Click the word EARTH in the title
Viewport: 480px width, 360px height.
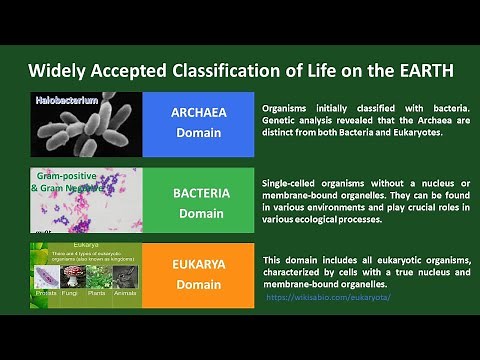pyautogui.click(x=420, y=71)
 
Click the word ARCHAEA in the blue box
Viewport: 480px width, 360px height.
pyautogui.click(x=199, y=112)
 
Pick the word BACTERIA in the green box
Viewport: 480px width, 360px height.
pyautogui.click(x=199, y=192)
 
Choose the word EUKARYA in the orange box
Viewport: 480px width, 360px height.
pyautogui.click(x=199, y=266)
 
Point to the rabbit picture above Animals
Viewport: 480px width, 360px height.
pyautogui.click(x=125, y=277)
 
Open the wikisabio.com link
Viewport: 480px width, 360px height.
pyautogui.click(x=328, y=297)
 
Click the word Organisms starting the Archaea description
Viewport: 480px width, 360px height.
pyautogui.click(x=290, y=107)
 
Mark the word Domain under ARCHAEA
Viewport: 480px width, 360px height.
pyautogui.click(x=199, y=132)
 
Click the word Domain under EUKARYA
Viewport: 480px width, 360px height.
pyautogui.click(x=199, y=286)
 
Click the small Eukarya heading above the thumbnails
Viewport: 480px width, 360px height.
pyautogui.click(x=84, y=242)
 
